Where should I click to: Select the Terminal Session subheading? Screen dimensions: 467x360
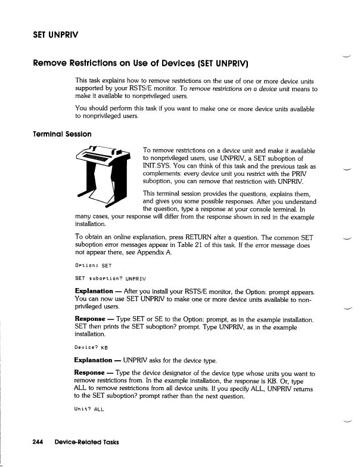[x=54, y=134]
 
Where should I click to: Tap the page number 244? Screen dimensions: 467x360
[x=41, y=442]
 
